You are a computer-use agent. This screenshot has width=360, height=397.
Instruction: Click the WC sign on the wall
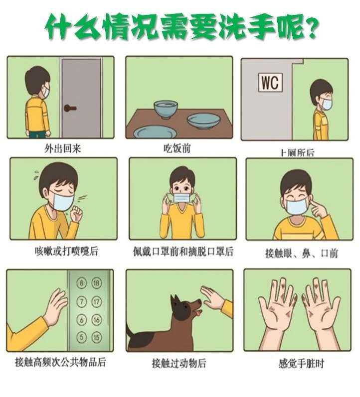tap(270, 82)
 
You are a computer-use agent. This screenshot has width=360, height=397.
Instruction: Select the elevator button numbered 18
tap(96, 283)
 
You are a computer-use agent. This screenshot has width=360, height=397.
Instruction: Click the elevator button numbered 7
tap(82, 301)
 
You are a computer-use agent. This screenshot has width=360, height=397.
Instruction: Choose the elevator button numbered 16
tap(97, 319)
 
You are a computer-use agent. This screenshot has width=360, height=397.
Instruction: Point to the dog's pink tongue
tap(200, 313)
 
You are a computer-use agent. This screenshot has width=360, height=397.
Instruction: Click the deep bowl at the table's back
tap(166, 110)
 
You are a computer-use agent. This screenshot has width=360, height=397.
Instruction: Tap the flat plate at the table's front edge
tap(155, 132)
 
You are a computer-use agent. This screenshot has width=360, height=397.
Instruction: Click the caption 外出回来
tap(63, 148)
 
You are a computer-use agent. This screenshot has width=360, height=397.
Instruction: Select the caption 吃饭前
tap(177, 148)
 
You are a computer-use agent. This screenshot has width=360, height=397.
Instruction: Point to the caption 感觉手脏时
tap(302, 364)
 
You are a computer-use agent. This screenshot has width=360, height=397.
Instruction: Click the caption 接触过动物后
tap(179, 363)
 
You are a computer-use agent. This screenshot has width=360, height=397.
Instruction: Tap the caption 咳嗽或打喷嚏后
tap(66, 252)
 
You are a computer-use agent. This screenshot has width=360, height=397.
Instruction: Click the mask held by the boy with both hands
tap(181, 198)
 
